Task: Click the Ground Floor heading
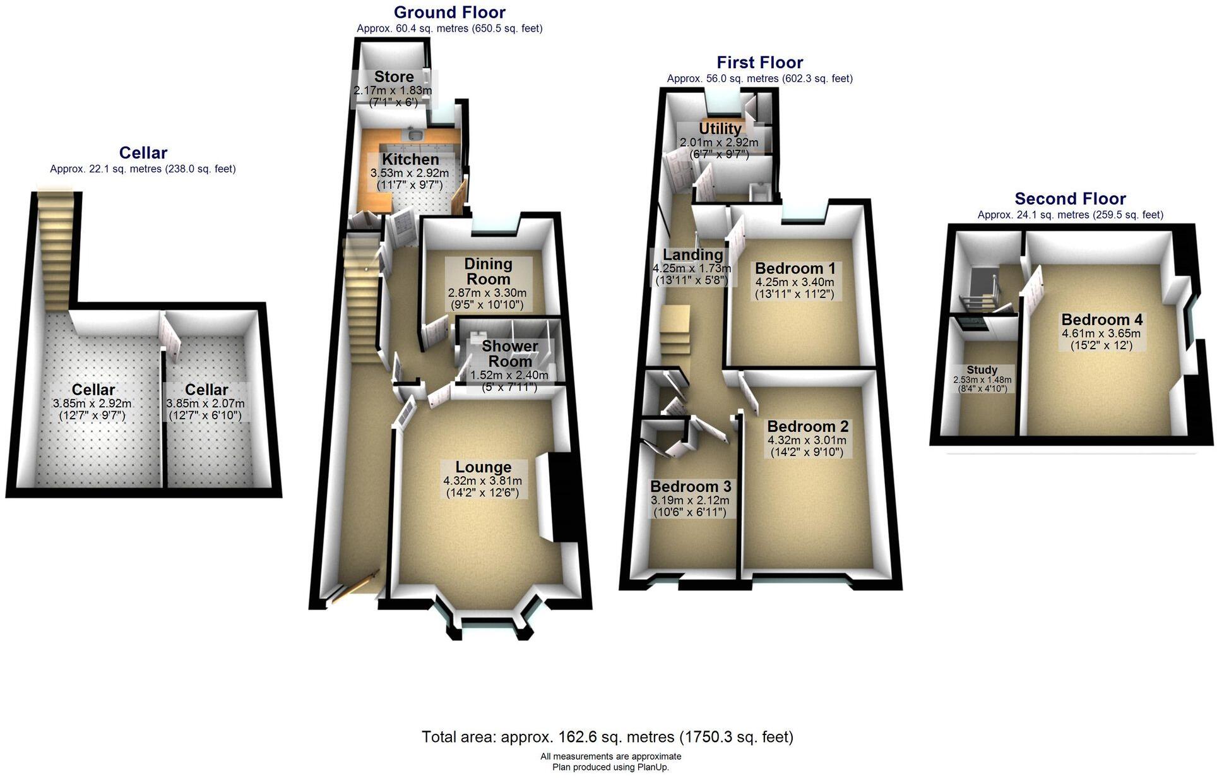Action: [449, 13]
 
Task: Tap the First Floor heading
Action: [759, 63]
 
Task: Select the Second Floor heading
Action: [1070, 199]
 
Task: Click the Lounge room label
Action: [484, 467]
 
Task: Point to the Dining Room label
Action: [488, 272]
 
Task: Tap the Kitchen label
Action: [410, 160]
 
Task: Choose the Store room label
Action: [394, 77]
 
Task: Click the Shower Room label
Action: [510, 354]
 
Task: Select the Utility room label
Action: [720, 129]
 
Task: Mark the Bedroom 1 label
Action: [794, 268]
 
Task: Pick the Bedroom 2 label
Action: [807, 427]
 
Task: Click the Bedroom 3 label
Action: [691, 487]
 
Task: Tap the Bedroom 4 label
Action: [1101, 320]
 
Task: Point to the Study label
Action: [982, 370]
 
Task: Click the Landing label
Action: [692, 255]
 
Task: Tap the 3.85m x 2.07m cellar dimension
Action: [205, 404]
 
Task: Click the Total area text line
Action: [607, 737]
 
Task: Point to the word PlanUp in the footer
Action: [653, 767]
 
